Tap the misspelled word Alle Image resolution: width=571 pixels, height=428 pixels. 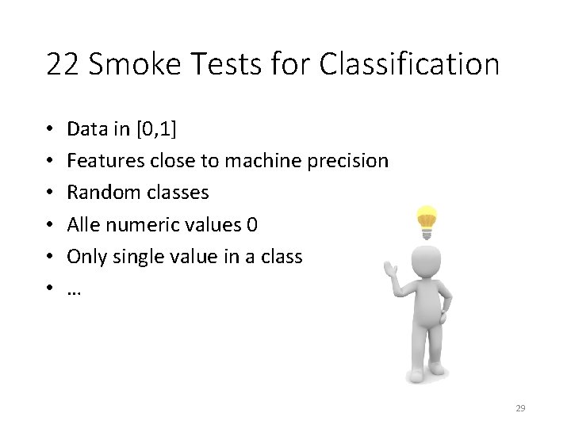click(82, 225)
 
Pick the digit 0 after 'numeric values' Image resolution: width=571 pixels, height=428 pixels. click(252, 225)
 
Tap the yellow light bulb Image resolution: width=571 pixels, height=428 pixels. click(427, 221)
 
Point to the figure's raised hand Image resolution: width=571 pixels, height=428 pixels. click(389, 268)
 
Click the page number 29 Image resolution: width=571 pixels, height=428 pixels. click(520, 408)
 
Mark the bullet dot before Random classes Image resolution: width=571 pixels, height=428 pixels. click(49, 193)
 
